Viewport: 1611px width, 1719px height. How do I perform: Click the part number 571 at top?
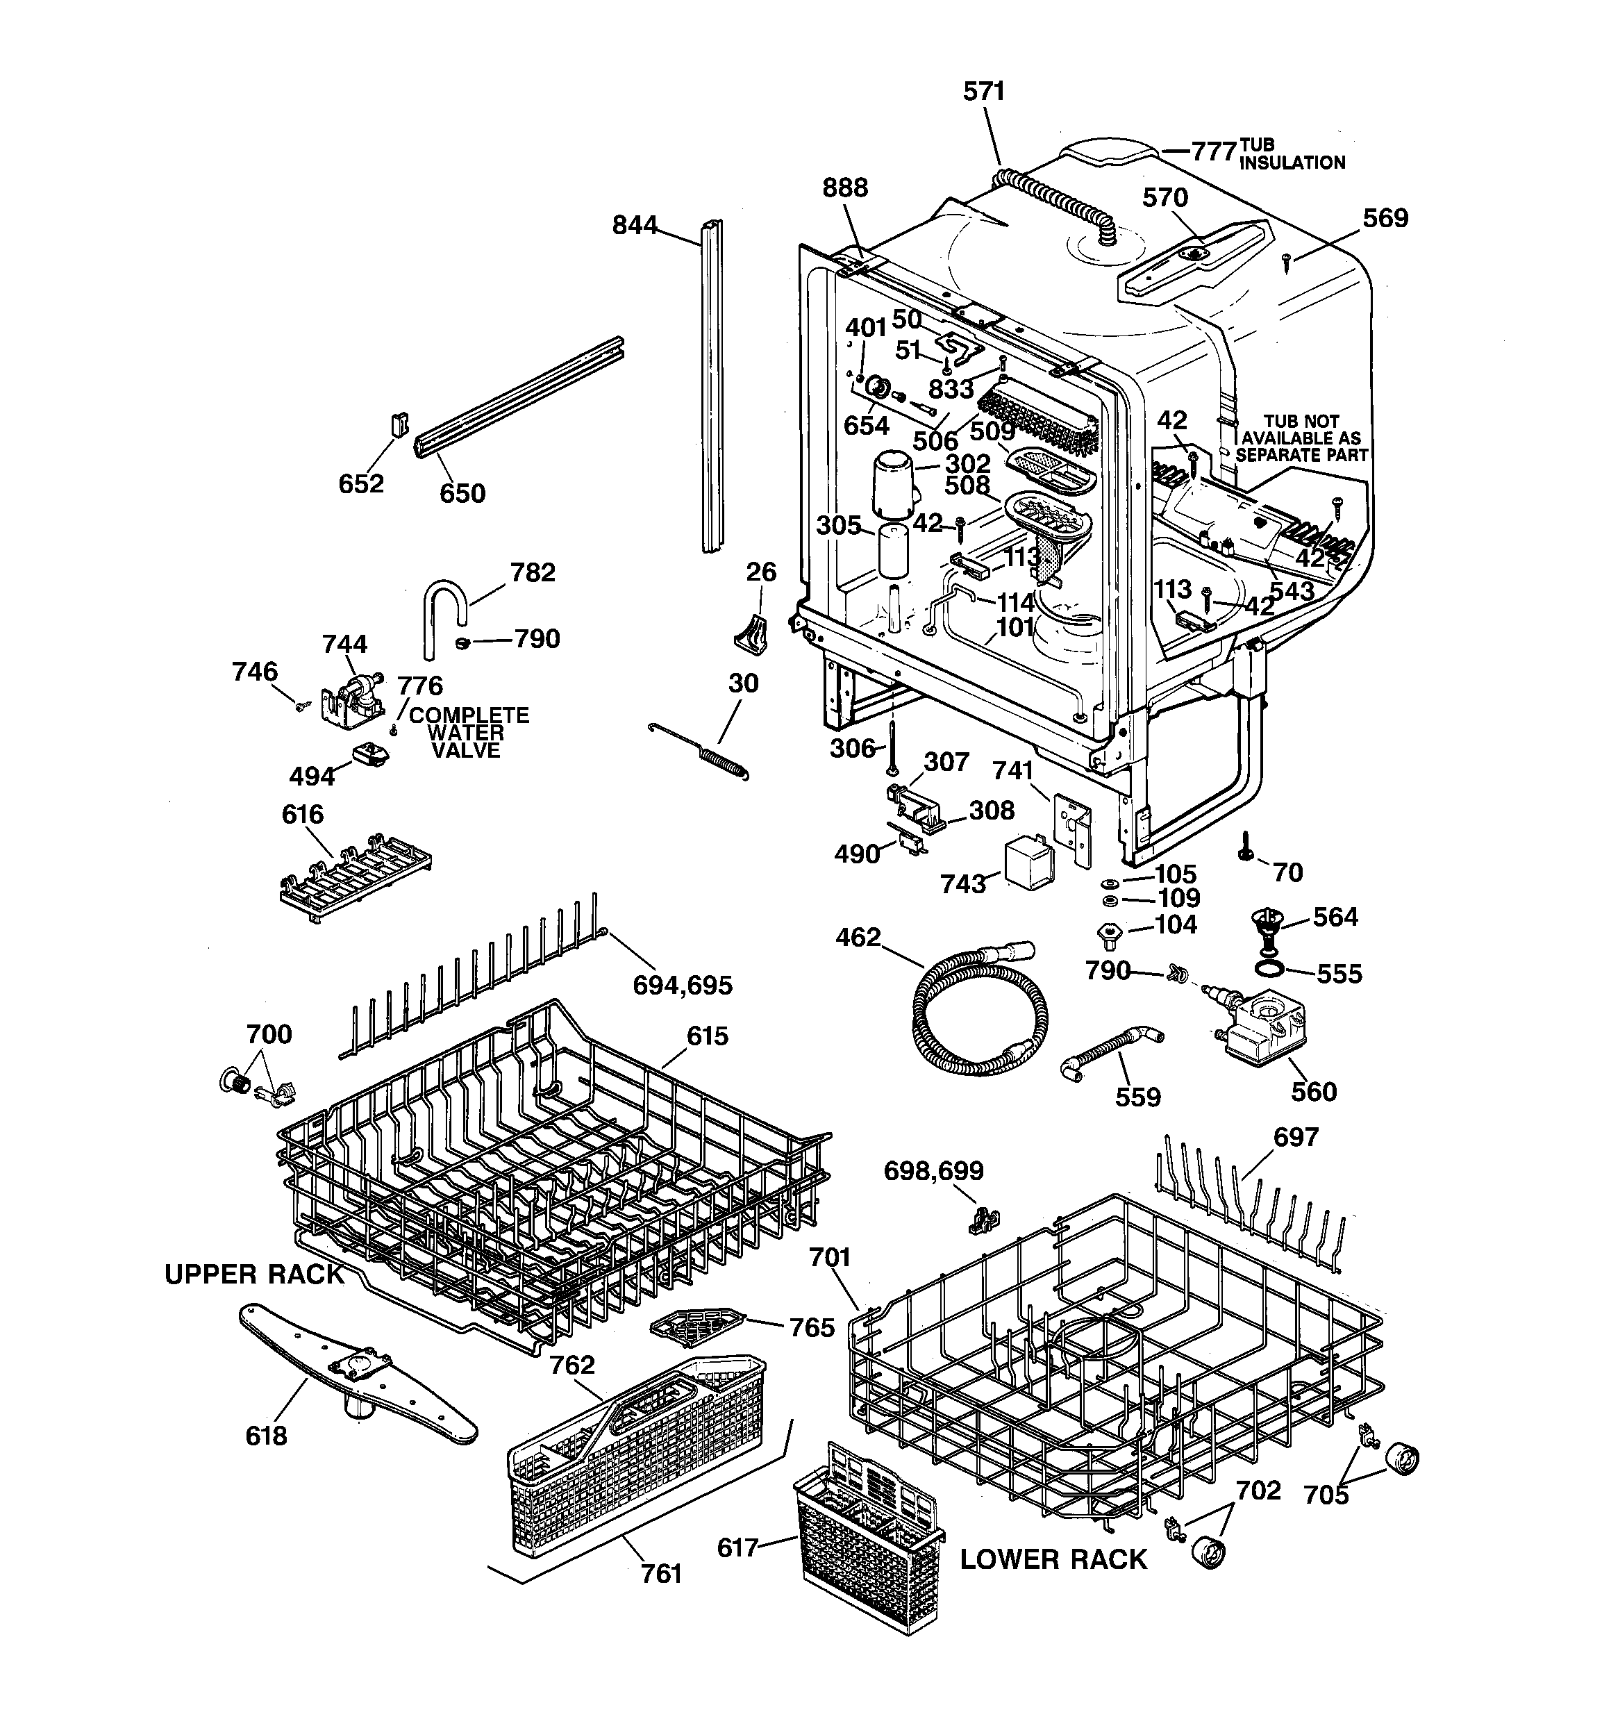tap(983, 92)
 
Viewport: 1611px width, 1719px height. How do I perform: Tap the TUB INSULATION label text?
tap(1291, 154)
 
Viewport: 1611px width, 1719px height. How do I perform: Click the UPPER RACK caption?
tap(254, 1274)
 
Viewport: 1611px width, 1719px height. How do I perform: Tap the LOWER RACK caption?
tap(1053, 1559)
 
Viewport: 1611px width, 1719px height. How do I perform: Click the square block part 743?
tap(1029, 861)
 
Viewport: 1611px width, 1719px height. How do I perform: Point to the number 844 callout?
tap(635, 226)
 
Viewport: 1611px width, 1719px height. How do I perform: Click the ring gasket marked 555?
tap(1269, 968)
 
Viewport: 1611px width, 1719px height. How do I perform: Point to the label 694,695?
tap(683, 985)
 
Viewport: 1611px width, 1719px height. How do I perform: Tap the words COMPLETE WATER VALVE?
tap(468, 732)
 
